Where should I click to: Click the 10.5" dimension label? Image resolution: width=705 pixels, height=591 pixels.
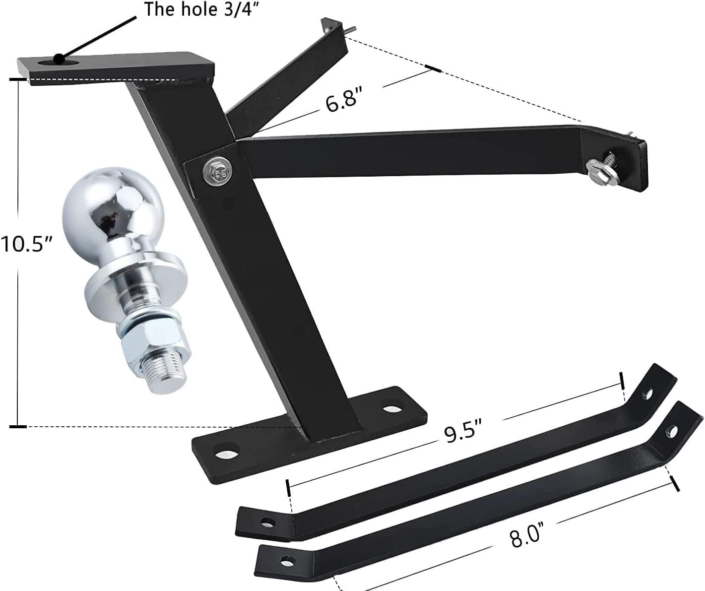click(26, 245)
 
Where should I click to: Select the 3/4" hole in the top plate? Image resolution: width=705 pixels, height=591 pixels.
click(68, 62)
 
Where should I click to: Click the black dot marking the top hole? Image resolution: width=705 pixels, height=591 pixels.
click(59, 59)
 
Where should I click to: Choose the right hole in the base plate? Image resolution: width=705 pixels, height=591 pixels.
click(394, 409)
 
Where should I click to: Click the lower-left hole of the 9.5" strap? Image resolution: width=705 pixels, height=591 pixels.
click(268, 522)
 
